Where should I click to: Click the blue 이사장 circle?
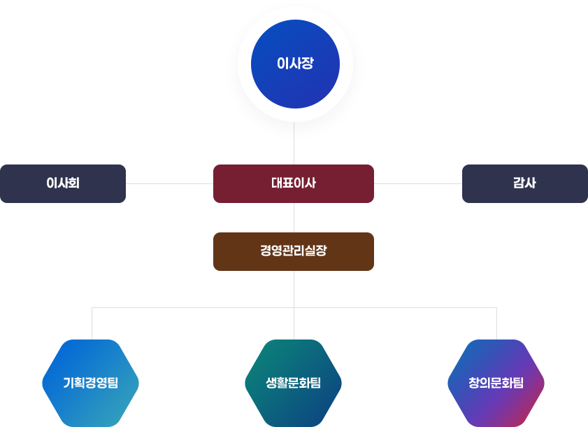[295, 64]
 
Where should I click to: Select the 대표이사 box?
[294, 183]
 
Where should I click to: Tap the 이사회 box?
[63, 183]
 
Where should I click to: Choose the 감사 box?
[525, 183]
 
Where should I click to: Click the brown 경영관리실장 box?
[294, 251]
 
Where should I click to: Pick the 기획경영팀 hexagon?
[90, 383]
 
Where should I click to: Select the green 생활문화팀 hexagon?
[293, 383]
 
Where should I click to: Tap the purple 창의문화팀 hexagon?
[496, 383]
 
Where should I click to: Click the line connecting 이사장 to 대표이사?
[294, 143]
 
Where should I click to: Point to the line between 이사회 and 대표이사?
[169, 183]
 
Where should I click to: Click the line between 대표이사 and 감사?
[417, 183]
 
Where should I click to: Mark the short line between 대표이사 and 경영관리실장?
[294, 218]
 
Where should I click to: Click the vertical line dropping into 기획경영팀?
[92, 323]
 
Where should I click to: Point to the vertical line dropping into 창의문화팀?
[497, 323]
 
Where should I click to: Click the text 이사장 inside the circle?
[295, 63]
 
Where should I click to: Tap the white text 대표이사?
[294, 183]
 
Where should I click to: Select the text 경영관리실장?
[294, 251]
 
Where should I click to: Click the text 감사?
[524, 183]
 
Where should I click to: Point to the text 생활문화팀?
[293, 383]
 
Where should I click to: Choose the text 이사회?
[63, 183]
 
